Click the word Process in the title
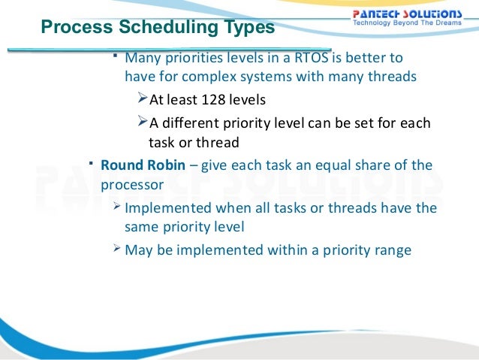[69, 28]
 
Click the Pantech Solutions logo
[408, 14]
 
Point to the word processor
[132, 183]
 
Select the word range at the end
[391, 250]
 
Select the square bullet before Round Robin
[89, 162]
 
